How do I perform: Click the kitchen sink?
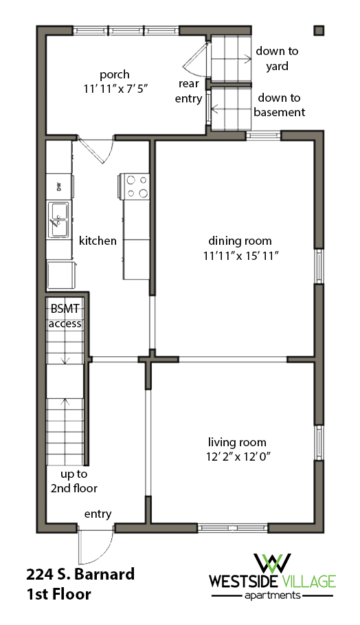pos(58,219)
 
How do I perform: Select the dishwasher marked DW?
pos(58,185)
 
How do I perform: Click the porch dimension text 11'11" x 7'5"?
pos(115,89)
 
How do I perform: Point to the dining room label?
pos(240,241)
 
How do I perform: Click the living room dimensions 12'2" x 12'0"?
pos(238,456)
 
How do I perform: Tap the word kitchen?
pos(98,241)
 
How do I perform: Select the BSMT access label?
pos(65,317)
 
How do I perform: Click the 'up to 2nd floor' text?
pos(73,481)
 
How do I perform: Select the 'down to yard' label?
pos(272,58)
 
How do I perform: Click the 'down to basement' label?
pos(279,105)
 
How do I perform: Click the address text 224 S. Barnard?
pos(80,574)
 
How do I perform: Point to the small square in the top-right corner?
pos(319,30)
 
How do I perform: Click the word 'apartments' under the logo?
pos(273,595)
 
